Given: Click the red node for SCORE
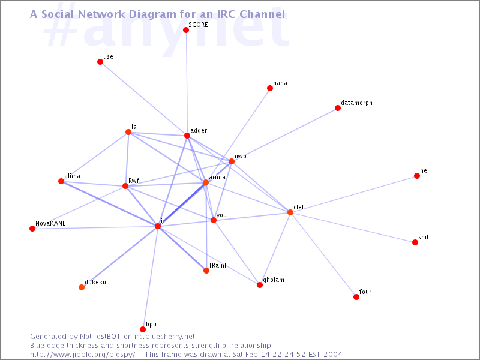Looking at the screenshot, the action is click(186, 30).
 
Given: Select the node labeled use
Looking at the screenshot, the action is click(100, 62).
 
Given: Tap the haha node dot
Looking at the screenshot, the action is click(269, 88).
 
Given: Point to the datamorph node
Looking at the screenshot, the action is click(338, 108).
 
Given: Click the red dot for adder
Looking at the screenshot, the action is click(187, 136).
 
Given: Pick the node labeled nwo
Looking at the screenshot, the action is click(232, 161).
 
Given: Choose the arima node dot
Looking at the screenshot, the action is click(206, 182).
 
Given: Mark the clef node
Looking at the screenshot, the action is click(290, 212).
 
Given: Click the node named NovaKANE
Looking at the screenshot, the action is click(32, 229).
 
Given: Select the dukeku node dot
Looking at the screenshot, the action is click(82, 287).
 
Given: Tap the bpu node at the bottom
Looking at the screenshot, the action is click(143, 329).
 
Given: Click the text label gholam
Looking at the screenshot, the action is click(274, 280).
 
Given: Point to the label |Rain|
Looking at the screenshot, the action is click(218, 265).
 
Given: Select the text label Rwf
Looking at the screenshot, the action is click(134, 181).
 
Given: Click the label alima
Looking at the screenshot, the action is click(72, 176).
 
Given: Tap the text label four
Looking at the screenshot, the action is click(365, 292).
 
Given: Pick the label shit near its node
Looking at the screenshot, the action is click(424, 237).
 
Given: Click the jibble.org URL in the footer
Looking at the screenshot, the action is click(82, 355).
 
